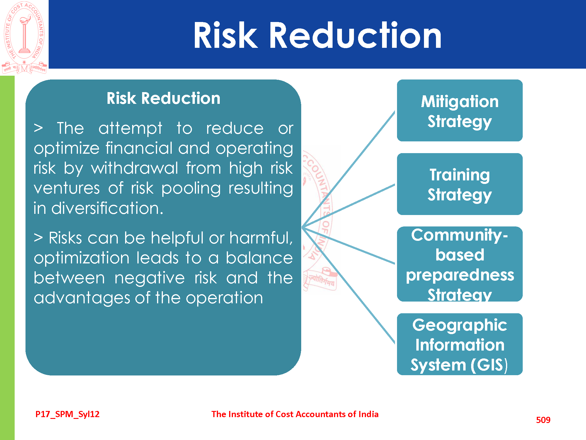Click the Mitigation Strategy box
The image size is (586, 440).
click(460, 111)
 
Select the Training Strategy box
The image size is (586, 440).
click(460, 184)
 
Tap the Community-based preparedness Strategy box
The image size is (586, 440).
click(460, 264)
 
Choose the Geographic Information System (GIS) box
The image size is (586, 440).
click(460, 344)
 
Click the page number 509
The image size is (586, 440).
click(543, 420)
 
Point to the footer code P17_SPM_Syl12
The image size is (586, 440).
click(67, 414)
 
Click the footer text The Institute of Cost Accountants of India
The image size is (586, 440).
click(295, 414)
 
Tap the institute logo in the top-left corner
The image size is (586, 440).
click(24, 38)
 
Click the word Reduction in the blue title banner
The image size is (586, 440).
click(355, 35)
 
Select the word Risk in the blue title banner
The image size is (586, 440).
click(226, 35)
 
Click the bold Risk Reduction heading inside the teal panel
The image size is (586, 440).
click(163, 98)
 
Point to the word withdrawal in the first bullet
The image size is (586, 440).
click(134, 168)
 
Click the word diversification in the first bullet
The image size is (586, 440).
click(107, 208)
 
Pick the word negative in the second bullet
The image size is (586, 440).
click(149, 278)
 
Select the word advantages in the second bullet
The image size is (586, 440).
click(82, 298)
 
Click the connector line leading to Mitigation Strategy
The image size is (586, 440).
click(348, 169)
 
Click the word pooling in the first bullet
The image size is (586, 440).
click(191, 188)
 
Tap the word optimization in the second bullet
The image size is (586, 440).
click(81, 258)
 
